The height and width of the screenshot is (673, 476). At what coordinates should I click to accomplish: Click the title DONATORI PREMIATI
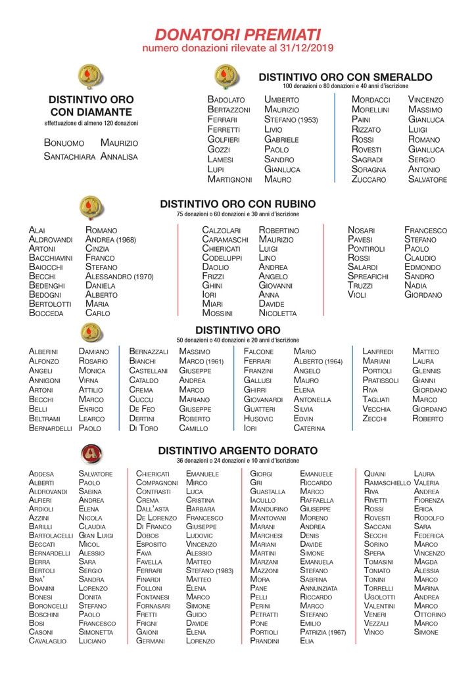tap(237, 34)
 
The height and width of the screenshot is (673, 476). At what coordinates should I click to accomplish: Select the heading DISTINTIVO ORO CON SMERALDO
tap(345, 77)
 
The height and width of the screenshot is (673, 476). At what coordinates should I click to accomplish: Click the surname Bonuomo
tap(64, 143)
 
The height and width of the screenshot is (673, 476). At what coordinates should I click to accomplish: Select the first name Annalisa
tap(119, 156)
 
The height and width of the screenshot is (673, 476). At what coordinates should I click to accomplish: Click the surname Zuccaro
tap(369, 179)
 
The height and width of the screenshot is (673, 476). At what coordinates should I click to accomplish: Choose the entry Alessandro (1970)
tap(119, 277)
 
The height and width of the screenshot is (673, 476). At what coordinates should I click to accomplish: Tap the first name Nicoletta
tap(277, 313)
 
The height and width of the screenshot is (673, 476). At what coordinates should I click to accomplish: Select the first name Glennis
tap(426, 371)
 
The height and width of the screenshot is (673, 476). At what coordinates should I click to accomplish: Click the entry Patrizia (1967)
tap(323, 632)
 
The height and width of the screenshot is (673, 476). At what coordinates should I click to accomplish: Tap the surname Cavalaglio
tap(47, 641)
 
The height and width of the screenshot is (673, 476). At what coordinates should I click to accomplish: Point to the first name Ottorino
tap(430, 615)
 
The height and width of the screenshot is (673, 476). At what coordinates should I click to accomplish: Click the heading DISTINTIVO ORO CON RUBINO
tap(237, 204)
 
